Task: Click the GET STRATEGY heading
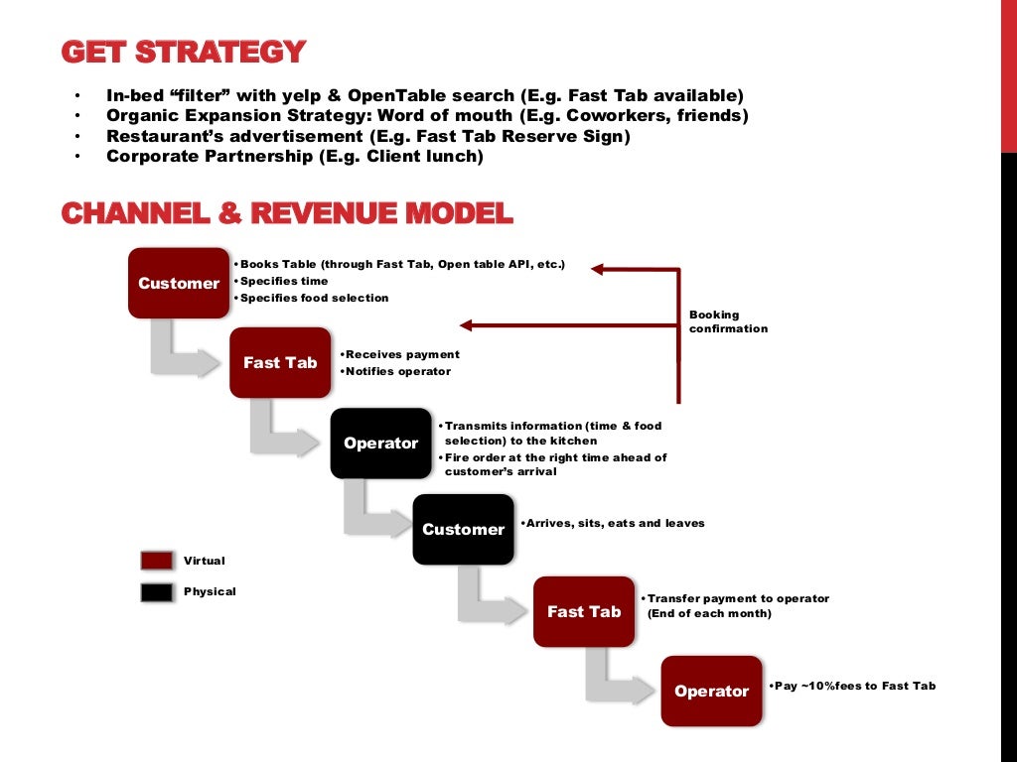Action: point(184,52)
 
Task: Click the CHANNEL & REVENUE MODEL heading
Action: point(287,213)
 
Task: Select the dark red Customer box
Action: point(179,283)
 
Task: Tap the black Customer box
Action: point(463,529)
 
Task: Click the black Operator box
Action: point(380,443)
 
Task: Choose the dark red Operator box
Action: point(711,691)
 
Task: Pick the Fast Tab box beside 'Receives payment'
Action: point(280,362)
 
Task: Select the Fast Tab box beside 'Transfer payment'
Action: point(584,611)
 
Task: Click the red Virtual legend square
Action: point(157,561)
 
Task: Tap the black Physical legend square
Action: point(157,591)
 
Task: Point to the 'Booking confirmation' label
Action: point(728,321)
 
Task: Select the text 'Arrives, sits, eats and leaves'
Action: point(615,523)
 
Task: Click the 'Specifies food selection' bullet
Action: point(314,298)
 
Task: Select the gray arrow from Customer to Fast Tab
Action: point(184,353)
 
